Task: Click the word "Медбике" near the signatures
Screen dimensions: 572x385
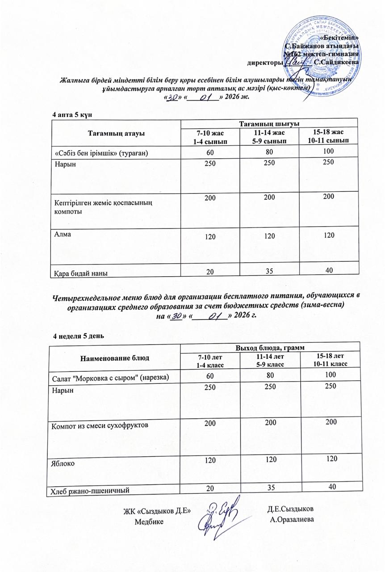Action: [149, 522]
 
